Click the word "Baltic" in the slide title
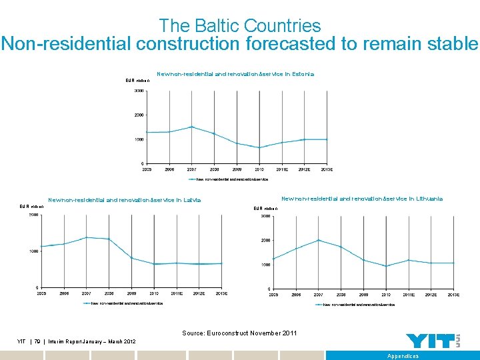(217, 26)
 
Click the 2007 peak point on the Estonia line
(192, 127)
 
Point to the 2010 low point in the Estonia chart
(260, 147)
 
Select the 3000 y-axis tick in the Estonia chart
(138, 91)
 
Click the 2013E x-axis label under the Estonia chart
(327, 170)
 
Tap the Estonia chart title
(235, 74)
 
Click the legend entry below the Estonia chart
(229, 179)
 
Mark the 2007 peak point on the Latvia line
(86, 237)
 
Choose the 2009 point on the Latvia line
(132, 258)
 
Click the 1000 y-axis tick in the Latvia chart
(32, 251)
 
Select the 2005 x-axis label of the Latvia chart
(41, 293)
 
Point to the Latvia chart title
(124, 199)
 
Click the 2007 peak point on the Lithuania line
(319, 240)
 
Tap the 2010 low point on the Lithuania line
(386, 266)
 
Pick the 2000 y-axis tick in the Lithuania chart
(265, 240)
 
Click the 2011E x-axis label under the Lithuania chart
(409, 294)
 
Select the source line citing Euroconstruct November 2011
(239, 333)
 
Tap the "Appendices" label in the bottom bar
(403, 356)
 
